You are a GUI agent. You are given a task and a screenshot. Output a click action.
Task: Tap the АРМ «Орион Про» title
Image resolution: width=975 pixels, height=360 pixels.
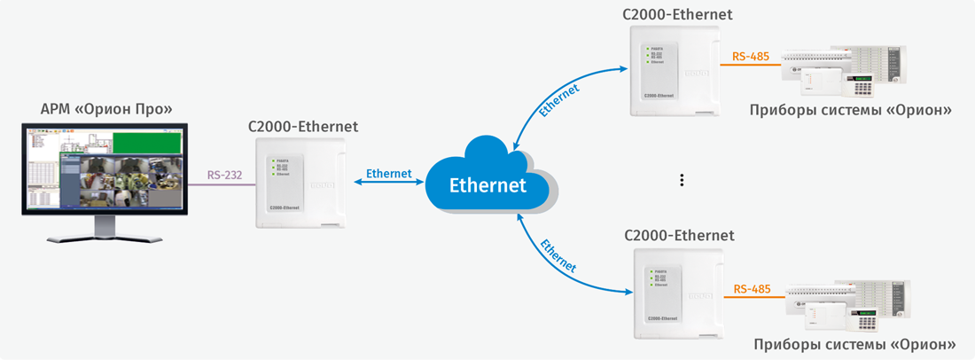[105, 109]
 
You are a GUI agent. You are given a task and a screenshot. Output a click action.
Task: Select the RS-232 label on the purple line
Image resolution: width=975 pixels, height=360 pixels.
[225, 175]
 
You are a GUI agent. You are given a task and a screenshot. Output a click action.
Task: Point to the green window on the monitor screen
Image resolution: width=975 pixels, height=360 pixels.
[147, 142]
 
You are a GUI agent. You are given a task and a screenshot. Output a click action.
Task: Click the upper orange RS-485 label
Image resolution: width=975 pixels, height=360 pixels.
[750, 57]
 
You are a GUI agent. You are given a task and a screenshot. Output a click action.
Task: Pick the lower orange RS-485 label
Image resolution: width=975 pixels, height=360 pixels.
[752, 289]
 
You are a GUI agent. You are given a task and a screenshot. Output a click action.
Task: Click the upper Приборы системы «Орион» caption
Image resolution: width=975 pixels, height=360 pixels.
[850, 110]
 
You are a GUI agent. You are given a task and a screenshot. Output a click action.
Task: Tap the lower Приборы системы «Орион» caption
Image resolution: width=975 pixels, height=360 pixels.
[854, 343]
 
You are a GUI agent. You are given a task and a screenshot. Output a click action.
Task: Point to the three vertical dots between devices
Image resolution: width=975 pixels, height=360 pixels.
[682, 180]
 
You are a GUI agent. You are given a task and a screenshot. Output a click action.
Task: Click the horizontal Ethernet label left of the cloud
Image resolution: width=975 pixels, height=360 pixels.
[388, 174]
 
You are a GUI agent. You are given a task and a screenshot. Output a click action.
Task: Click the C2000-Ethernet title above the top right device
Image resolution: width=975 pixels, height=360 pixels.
[679, 14]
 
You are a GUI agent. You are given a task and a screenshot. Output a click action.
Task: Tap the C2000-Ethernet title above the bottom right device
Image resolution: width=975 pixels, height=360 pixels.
[679, 236]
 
